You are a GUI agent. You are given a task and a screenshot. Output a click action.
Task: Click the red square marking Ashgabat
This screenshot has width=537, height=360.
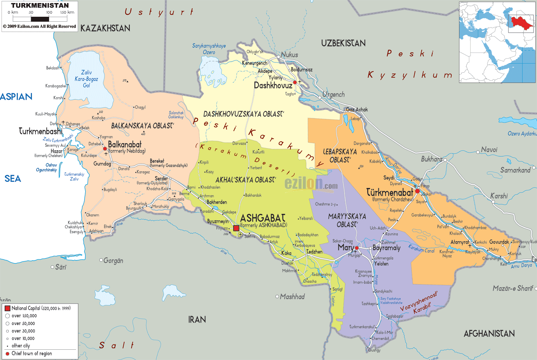[236, 228]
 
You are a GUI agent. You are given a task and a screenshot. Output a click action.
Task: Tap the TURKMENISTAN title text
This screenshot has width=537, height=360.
[40, 5]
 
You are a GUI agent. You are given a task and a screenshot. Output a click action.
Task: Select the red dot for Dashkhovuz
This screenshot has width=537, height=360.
[295, 82]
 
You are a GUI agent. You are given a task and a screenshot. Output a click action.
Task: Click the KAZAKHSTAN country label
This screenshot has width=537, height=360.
[105, 28]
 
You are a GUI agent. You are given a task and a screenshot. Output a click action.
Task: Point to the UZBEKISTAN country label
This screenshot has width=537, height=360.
[343, 43]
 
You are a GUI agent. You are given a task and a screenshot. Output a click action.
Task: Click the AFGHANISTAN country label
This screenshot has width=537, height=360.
[489, 334]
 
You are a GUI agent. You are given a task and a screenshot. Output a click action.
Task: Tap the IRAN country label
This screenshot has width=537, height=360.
[197, 320]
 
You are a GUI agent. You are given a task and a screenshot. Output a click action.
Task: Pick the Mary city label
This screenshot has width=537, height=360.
[345, 247]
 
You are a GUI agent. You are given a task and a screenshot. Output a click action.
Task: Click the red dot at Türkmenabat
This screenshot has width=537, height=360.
[417, 191]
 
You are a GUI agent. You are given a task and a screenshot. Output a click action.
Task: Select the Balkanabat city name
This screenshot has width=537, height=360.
[125, 144]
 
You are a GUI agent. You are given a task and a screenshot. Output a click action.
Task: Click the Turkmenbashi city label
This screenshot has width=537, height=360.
[41, 131]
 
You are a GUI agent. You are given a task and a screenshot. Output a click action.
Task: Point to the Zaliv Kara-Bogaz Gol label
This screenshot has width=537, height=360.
[86, 79]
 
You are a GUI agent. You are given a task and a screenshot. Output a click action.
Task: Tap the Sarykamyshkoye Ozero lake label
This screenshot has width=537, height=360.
[209, 49]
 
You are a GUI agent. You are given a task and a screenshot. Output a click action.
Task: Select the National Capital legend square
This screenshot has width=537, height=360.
[7, 308]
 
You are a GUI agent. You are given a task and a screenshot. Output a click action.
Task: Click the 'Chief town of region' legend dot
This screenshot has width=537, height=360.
[7, 354]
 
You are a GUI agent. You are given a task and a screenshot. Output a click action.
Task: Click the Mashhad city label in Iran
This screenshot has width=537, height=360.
[292, 296]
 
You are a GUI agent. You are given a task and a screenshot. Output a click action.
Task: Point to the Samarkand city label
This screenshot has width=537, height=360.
[515, 170]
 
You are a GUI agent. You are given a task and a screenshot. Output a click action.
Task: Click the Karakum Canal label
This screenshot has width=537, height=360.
[421, 248]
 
